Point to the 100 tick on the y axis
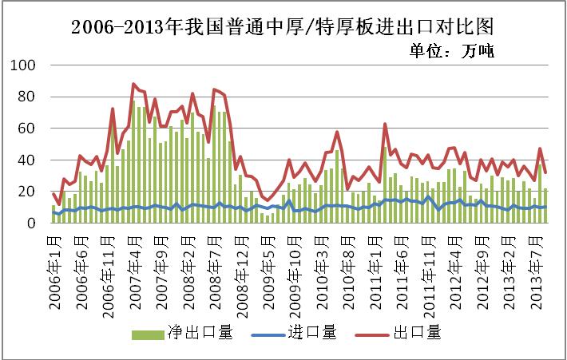pyautogui.click(x=26, y=65)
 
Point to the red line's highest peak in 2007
pyautogui.click(x=133, y=84)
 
